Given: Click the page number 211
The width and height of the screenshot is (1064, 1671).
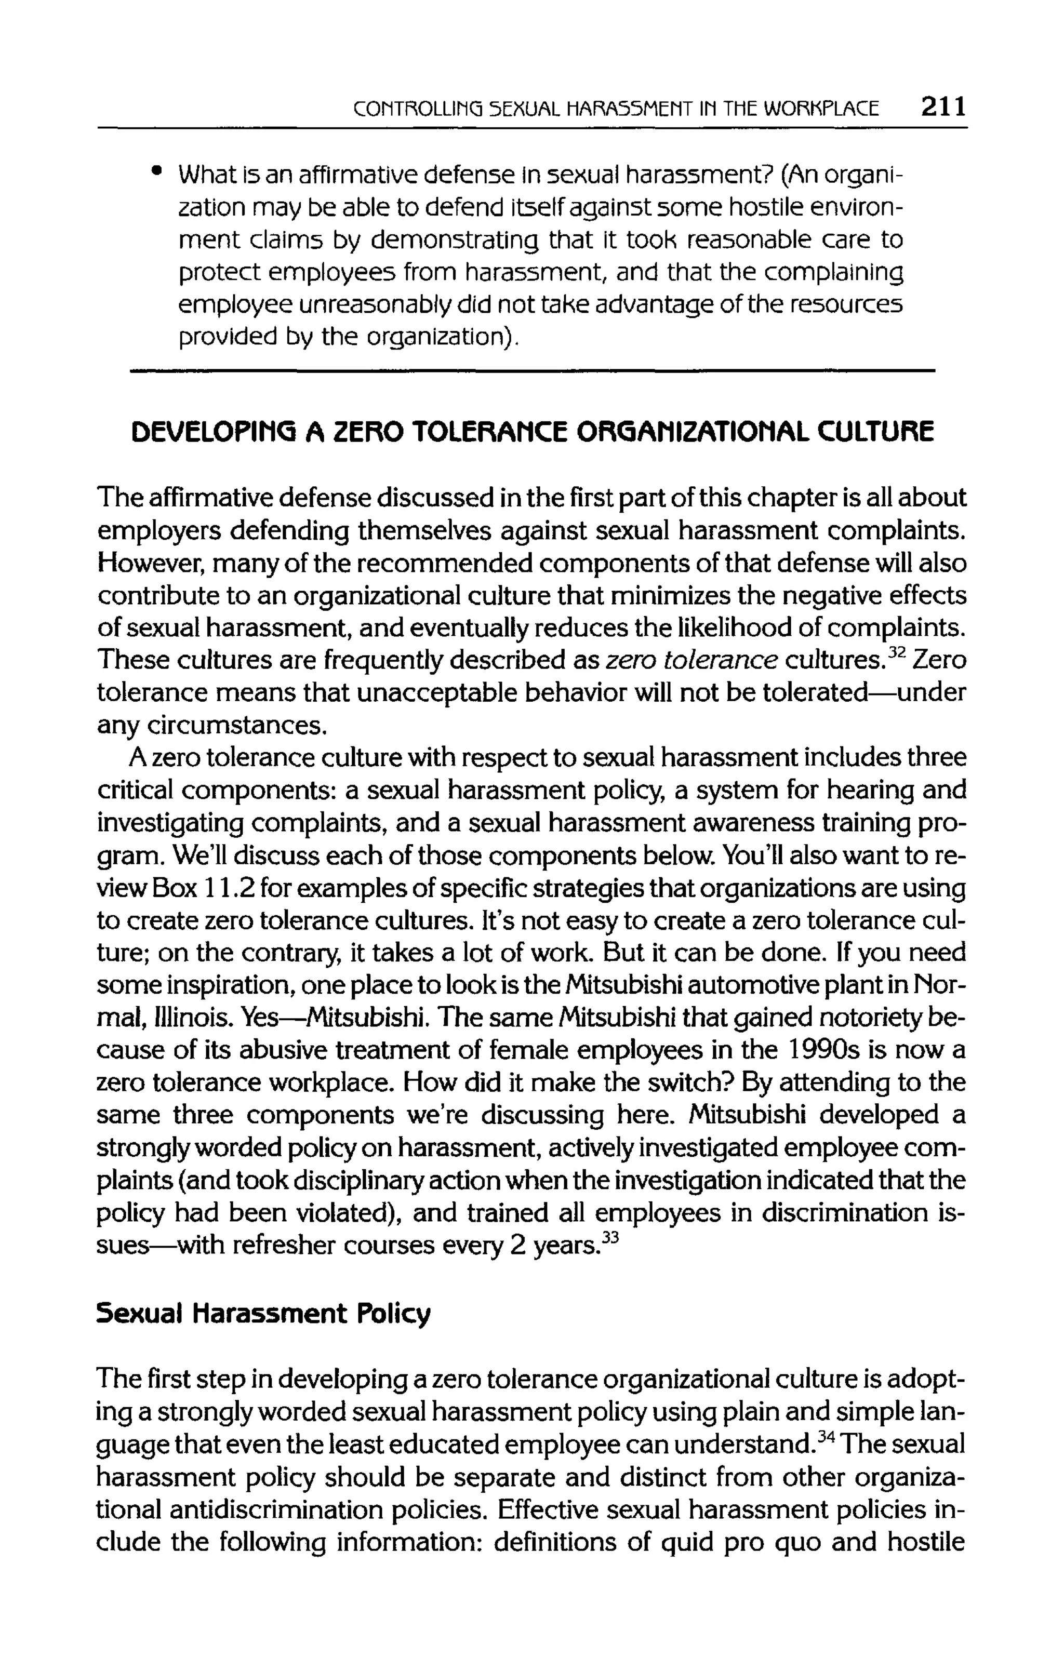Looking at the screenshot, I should [942, 108].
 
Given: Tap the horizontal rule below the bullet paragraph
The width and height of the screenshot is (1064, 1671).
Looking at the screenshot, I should [533, 371].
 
